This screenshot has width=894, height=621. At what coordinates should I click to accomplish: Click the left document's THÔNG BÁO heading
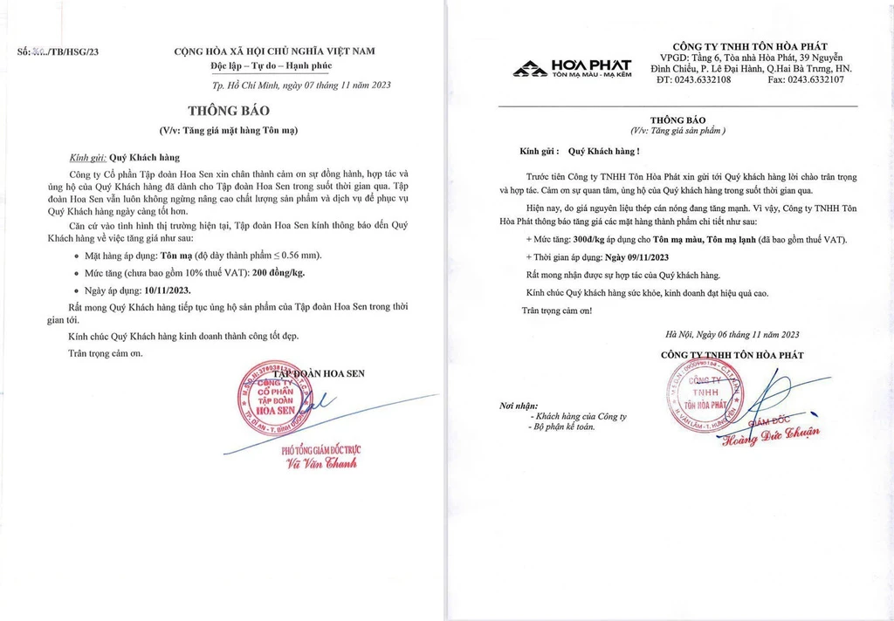[230, 111]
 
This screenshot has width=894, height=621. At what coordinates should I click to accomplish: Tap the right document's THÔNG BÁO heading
[677, 119]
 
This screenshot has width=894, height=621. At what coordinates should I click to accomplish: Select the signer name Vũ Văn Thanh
[322, 463]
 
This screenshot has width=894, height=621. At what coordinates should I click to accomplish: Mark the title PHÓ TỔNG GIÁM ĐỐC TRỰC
[320, 449]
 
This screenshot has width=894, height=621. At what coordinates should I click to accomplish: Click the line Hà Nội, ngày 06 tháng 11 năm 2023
[732, 334]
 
